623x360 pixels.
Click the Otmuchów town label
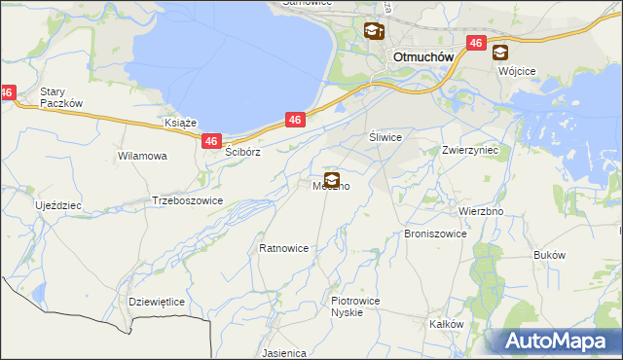(x=423, y=56)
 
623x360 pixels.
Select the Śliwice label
(x=385, y=138)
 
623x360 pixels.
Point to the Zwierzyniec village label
(x=469, y=151)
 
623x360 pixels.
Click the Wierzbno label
(x=480, y=210)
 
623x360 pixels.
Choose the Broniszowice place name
(x=435, y=234)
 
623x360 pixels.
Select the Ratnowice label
(x=283, y=248)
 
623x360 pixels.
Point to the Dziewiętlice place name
(x=157, y=302)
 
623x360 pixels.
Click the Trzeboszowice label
(x=188, y=200)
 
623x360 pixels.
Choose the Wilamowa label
(x=142, y=156)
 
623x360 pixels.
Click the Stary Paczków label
(x=58, y=97)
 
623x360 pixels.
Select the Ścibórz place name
(x=243, y=153)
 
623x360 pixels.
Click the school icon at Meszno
(x=332, y=179)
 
